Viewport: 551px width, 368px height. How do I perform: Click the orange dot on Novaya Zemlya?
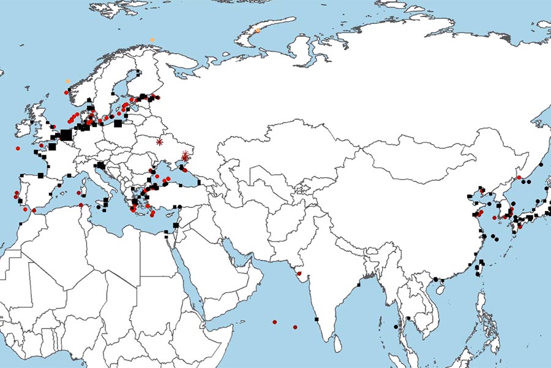pyautogui.click(x=258, y=30)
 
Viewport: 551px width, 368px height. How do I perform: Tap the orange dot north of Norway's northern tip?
pyautogui.click(x=152, y=40)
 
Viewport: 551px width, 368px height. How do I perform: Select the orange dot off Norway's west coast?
pyautogui.click(x=68, y=81)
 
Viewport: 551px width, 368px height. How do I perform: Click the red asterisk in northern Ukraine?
pyautogui.click(x=160, y=142)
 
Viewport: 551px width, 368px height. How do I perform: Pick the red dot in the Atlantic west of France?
pyautogui.click(x=18, y=148)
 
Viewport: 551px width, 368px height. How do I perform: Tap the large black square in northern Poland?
pyautogui.click(x=118, y=123)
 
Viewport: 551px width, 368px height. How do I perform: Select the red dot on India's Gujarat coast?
pyautogui.click(x=299, y=274)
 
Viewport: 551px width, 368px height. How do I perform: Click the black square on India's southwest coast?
pyautogui.click(x=317, y=319)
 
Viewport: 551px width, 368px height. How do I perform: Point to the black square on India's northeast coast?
pyautogui.click(x=359, y=285)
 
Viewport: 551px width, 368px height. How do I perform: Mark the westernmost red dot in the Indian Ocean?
pyautogui.click(x=274, y=321)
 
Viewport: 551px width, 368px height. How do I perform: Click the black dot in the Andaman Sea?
pyautogui.click(x=395, y=326)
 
